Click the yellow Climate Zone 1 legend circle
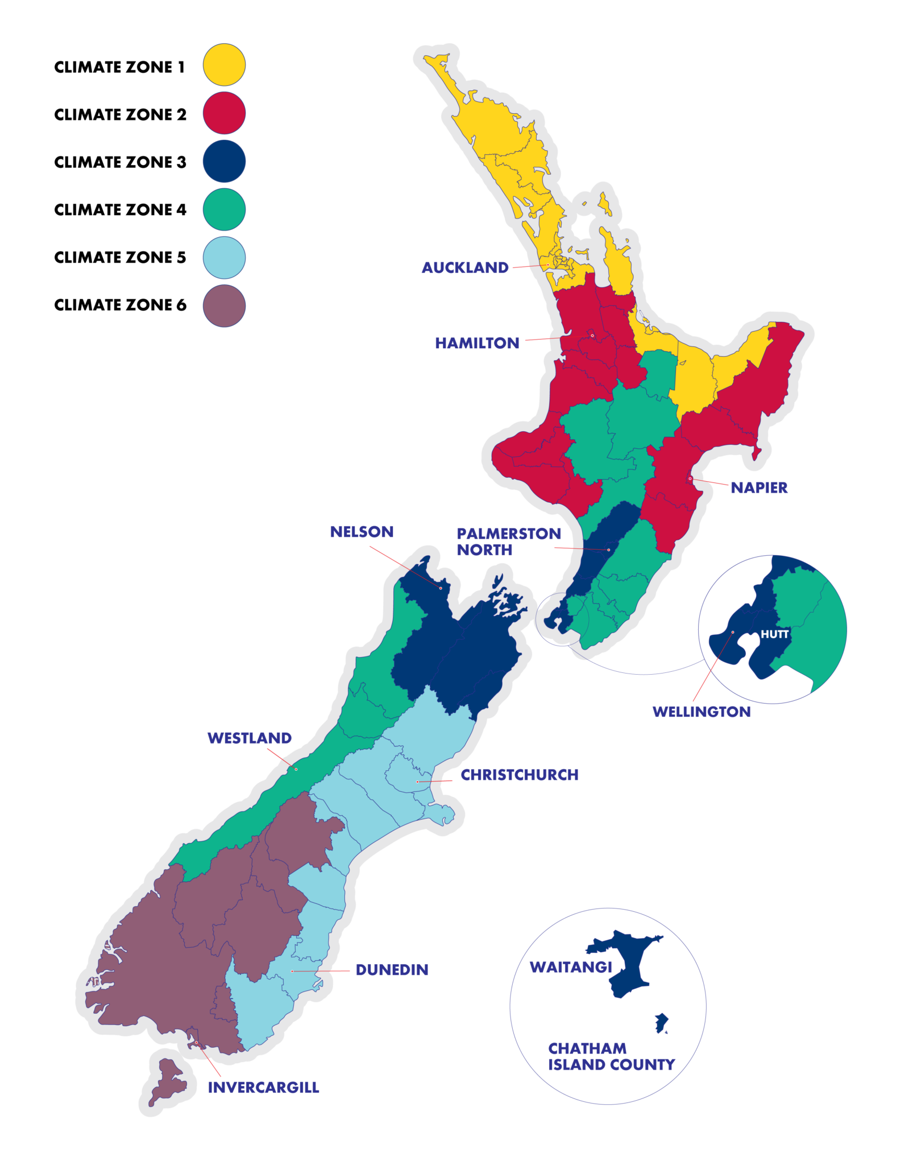[x=224, y=65]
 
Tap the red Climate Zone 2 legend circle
[x=224, y=113]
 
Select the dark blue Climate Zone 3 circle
[x=224, y=161]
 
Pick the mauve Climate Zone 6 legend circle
[x=224, y=305]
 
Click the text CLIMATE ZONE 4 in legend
[x=120, y=210]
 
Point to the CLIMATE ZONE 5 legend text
[x=120, y=258]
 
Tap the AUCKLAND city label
[x=464, y=267]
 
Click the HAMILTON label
[x=476, y=343]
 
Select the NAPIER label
[x=758, y=488]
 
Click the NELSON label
[x=362, y=531]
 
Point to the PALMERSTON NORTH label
[x=508, y=542]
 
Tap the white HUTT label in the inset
[x=774, y=634]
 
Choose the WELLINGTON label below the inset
[x=701, y=712]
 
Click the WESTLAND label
[x=249, y=738]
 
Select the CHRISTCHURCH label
[x=519, y=775]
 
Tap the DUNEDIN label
[x=392, y=970]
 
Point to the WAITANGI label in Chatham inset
[x=570, y=967]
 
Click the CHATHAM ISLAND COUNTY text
[x=611, y=1056]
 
